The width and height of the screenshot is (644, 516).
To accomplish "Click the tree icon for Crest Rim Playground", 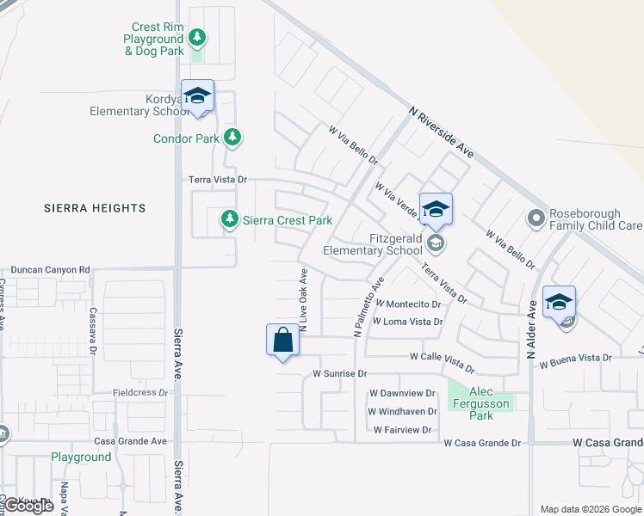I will (197, 37).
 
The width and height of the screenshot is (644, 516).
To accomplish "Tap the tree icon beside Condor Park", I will (232, 137).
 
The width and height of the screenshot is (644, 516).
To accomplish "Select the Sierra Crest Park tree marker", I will (229, 219).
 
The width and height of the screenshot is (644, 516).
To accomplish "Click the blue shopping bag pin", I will (283, 340).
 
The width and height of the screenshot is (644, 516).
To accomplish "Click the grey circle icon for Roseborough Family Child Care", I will (536, 218).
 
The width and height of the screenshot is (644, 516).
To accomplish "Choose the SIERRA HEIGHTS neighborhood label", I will (95, 208).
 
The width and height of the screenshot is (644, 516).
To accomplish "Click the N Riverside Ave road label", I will (442, 126).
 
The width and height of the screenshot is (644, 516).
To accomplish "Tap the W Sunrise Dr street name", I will (340, 374).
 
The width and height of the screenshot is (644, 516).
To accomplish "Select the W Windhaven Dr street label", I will (403, 410).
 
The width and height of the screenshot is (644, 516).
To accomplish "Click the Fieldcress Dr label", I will (140, 393).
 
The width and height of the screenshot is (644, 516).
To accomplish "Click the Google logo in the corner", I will (28, 506).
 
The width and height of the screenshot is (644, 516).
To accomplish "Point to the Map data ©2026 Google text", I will (589, 509).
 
